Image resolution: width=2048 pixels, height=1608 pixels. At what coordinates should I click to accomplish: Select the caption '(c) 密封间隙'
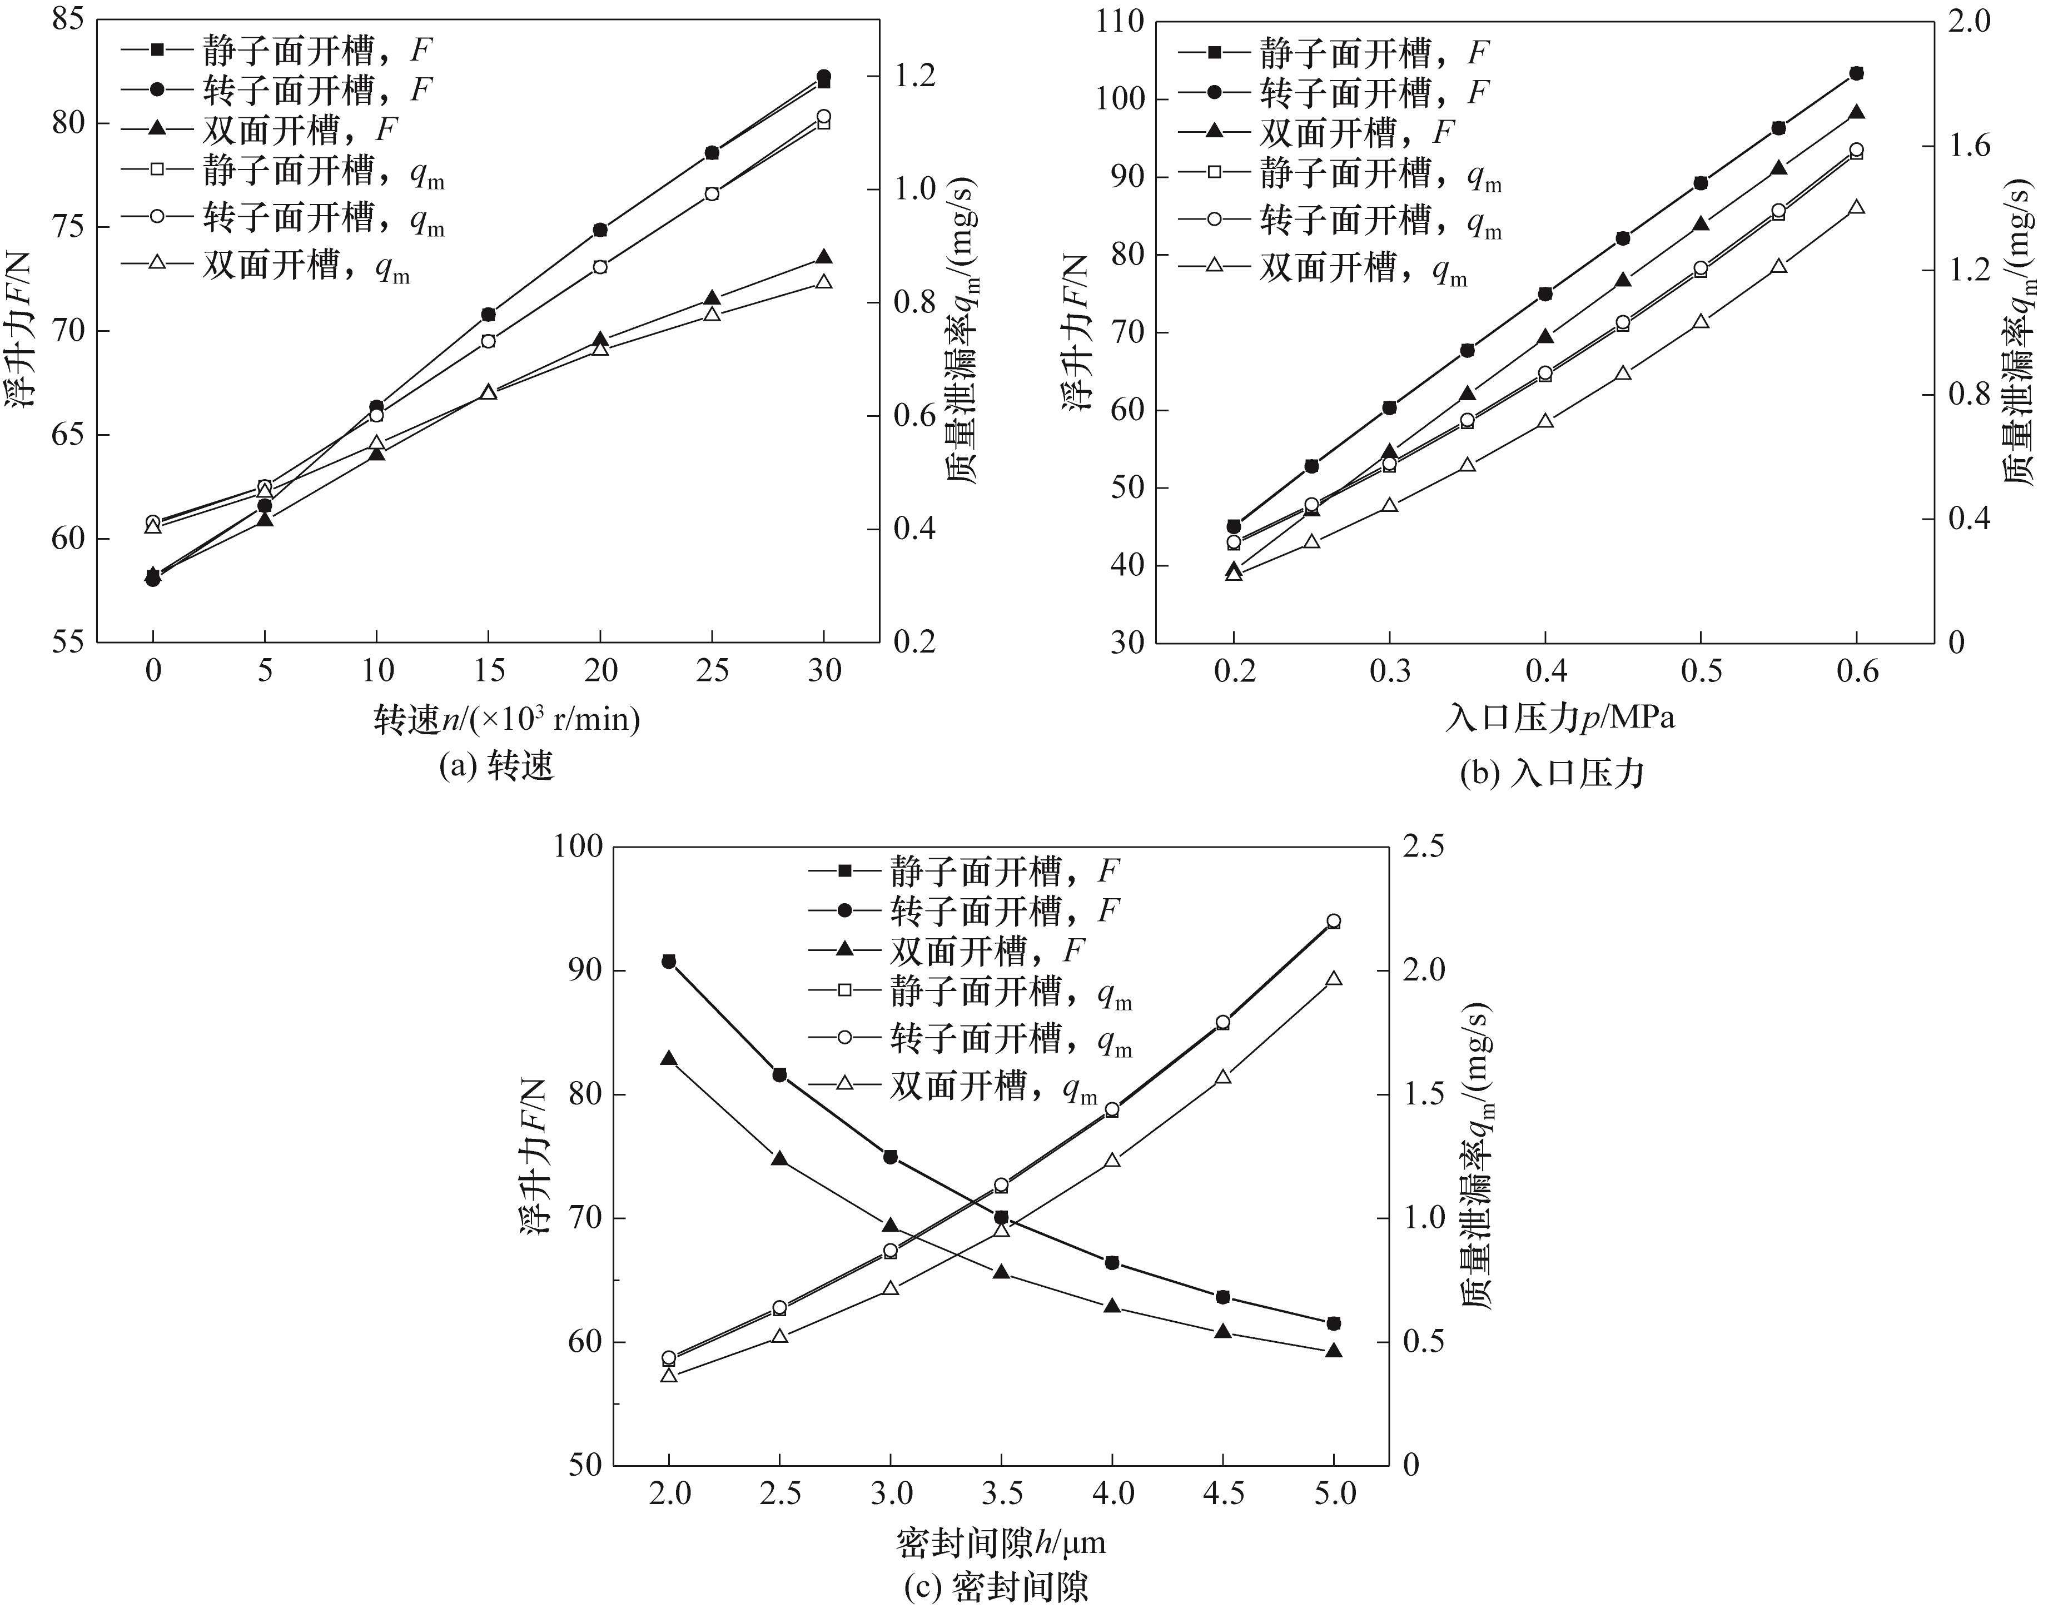point(996,1587)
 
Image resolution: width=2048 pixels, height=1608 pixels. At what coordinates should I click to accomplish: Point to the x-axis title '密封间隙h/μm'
point(1001,1542)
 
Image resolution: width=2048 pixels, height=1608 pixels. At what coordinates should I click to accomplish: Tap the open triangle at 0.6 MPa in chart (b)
point(1857,207)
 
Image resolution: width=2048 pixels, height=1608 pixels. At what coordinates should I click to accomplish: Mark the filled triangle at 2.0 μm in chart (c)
point(669,1058)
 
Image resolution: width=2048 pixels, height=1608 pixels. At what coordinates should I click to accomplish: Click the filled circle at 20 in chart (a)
point(601,230)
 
